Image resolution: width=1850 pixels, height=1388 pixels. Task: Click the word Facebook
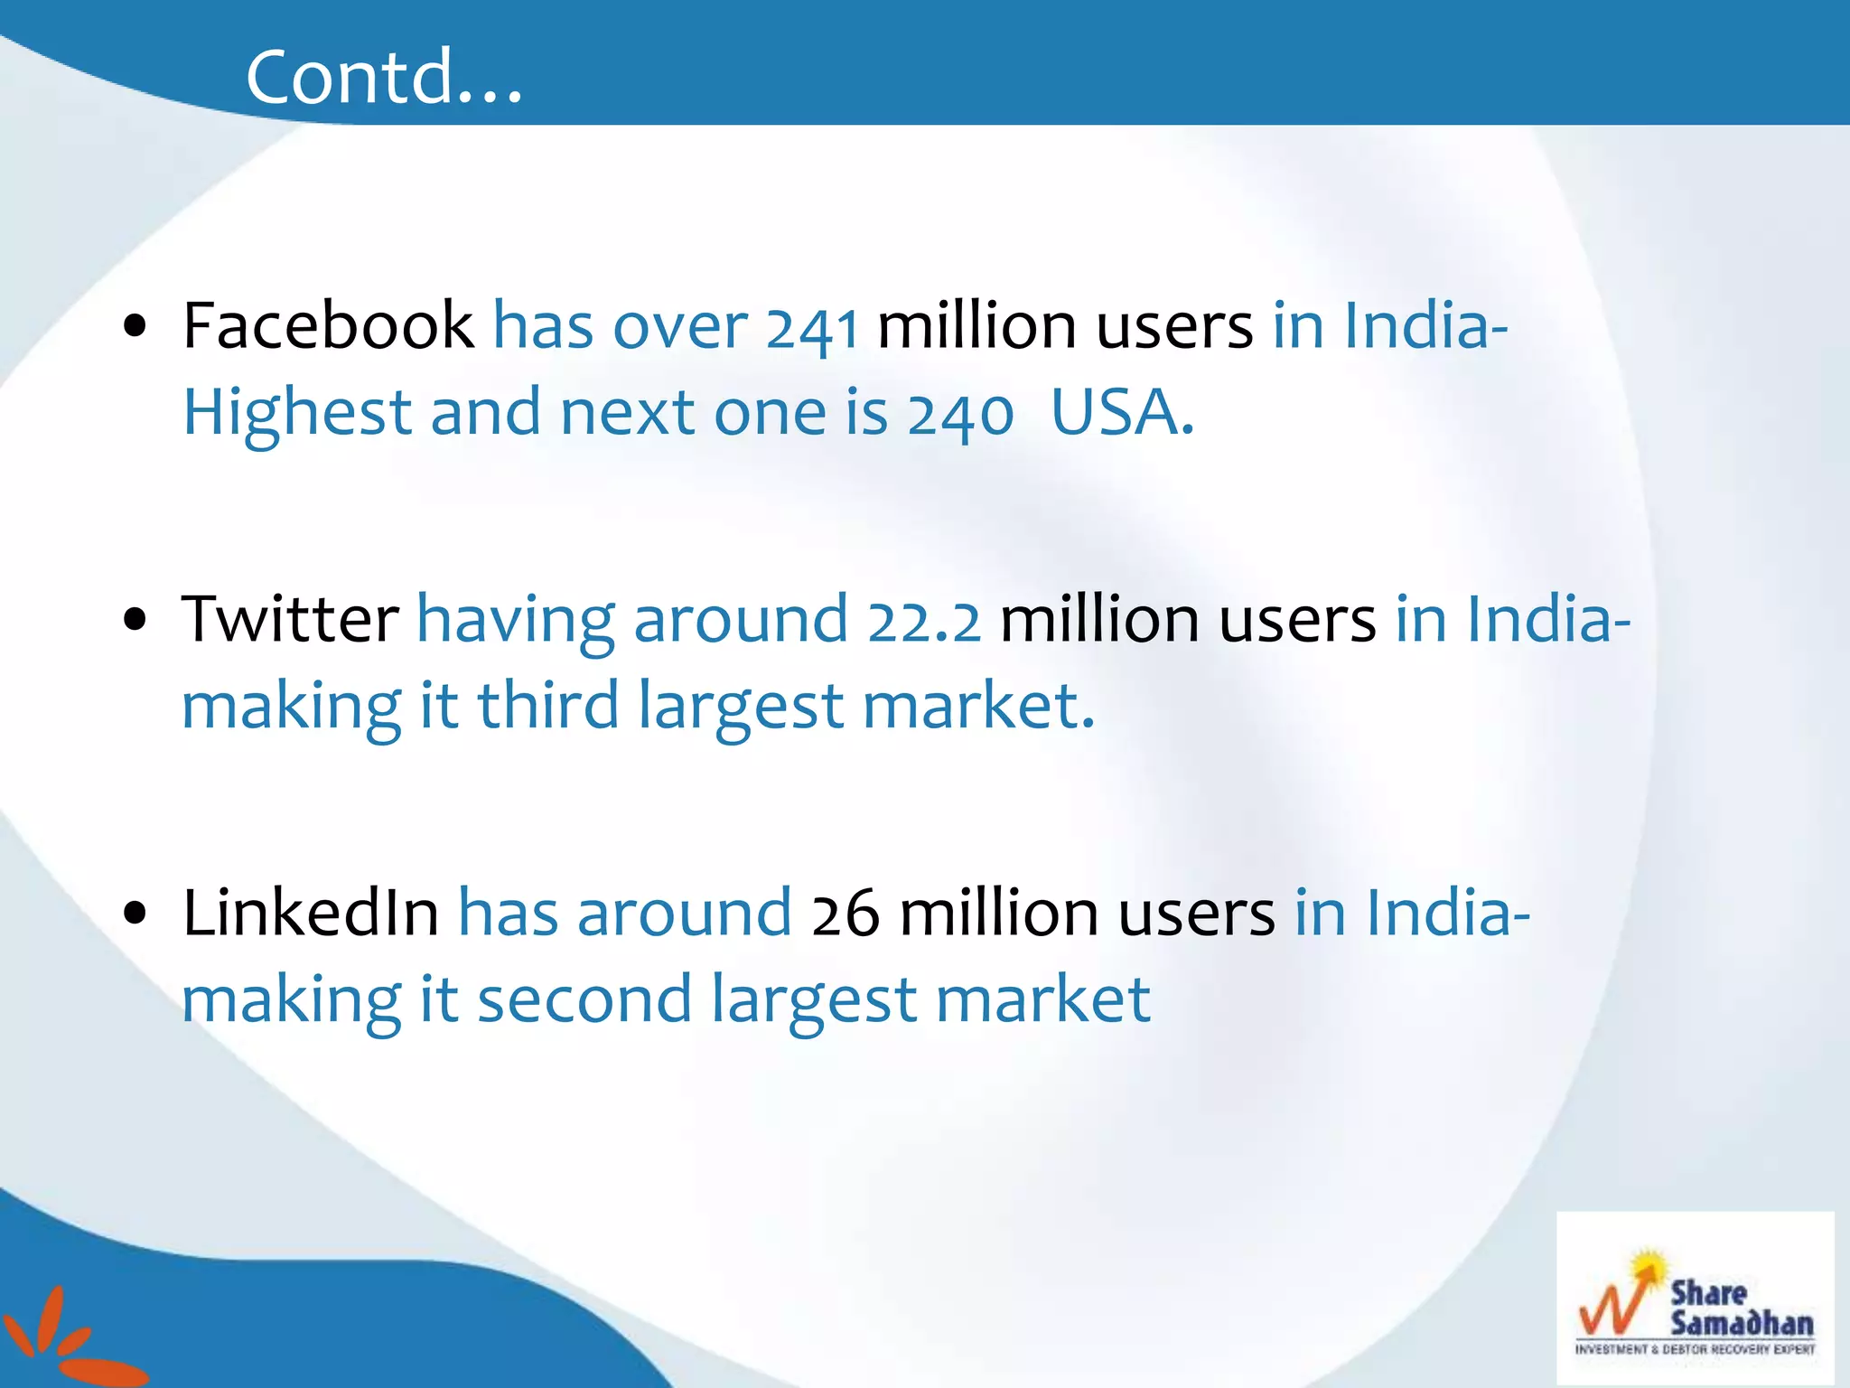(328, 325)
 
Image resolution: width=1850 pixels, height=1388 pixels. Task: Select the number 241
(811, 328)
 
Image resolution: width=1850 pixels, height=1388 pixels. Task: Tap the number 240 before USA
(960, 415)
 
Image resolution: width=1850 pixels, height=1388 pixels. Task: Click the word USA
(1121, 413)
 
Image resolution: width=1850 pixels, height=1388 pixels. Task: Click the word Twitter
(290, 619)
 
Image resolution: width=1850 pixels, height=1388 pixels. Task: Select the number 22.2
(923, 622)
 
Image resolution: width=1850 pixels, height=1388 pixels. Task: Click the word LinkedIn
(310, 913)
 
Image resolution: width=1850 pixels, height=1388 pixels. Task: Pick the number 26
(845, 914)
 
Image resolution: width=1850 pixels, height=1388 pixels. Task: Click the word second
(584, 999)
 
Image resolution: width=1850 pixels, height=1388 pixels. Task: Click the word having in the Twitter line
(516, 622)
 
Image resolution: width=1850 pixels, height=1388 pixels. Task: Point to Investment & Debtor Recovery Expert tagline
(1695, 1350)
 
